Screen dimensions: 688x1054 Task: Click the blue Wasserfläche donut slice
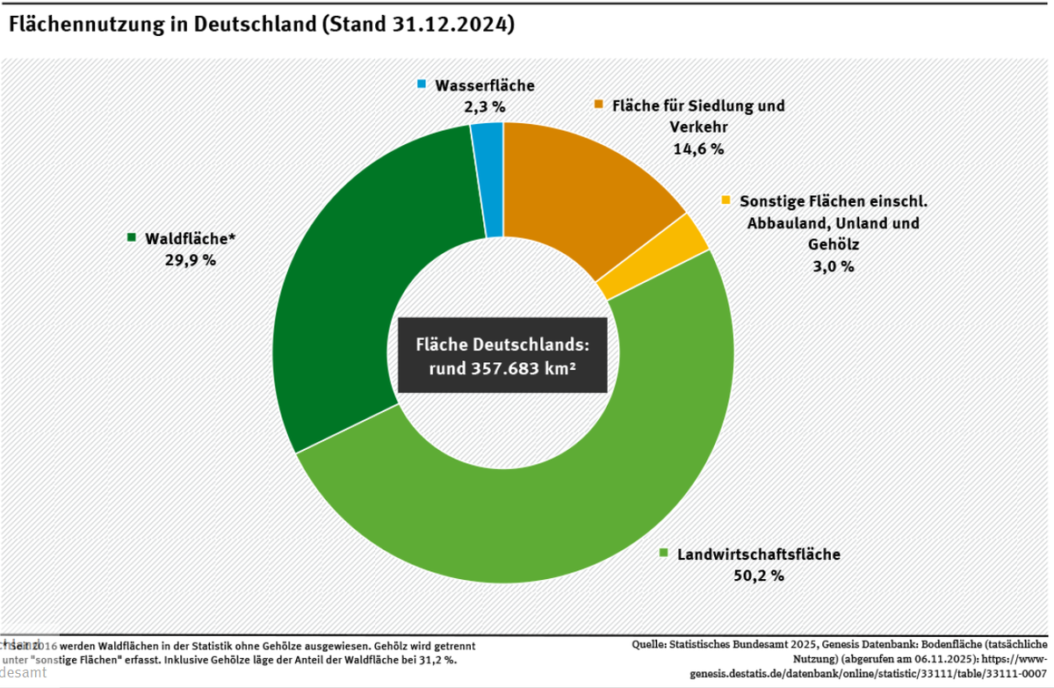pos(488,179)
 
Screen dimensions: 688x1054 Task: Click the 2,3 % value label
pos(484,107)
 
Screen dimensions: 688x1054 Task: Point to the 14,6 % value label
pos(698,148)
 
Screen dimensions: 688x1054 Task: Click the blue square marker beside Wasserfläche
pos(422,84)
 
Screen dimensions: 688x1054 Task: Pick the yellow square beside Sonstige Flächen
pos(726,200)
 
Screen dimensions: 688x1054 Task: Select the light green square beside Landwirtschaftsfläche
pos(665,554)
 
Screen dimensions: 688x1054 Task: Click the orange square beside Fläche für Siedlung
pos(599,105)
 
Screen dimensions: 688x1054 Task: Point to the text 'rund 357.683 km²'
pos(502,368)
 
